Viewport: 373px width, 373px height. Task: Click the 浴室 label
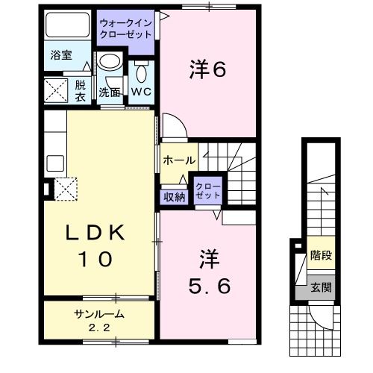click(x=61, y=56)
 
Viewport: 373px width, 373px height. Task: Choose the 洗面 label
click(x=110, y=93)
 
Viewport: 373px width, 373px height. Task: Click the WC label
click(x=142, y=92)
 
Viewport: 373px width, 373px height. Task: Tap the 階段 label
click(x=321, y=256)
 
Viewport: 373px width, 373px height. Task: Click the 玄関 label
click(x=321, y=286)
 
